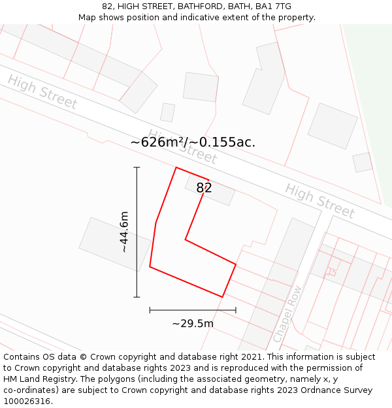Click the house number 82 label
click(x=204, y=188)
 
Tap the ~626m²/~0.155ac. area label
click(x=193, y=142)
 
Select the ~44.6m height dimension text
click(x=123, y=232)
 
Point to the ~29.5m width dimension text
click(x=193, y=323)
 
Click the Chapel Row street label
click(x=287, y=314)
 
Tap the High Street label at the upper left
click(x=42, y=92)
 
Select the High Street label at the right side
click(x=319, y=200)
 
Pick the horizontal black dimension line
click(x=193, y=310)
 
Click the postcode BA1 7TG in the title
click(x=273, y=7)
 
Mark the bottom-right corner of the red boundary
click(x=223, y=297)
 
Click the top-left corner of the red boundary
click(x=176, y=168)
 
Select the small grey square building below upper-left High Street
click(x=168, y=112)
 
